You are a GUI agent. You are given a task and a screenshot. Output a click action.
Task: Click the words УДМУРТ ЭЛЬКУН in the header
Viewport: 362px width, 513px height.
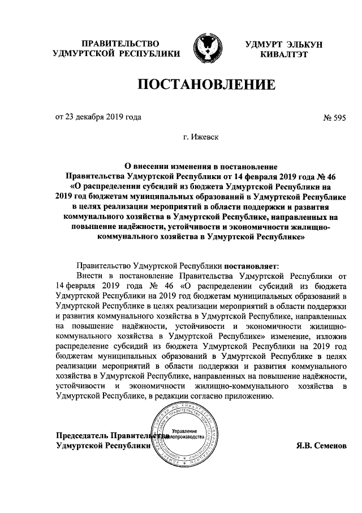(x=283, y=44)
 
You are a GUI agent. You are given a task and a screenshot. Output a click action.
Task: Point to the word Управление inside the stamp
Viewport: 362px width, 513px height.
(x=184, y=432)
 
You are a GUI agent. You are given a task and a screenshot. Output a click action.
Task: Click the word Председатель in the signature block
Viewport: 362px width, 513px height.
(x=81, y=436)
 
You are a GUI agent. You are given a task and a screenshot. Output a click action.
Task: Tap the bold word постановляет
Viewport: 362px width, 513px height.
(x=251, y=265)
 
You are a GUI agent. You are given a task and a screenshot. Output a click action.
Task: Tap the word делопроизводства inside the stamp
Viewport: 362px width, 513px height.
(x=186, y=438)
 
